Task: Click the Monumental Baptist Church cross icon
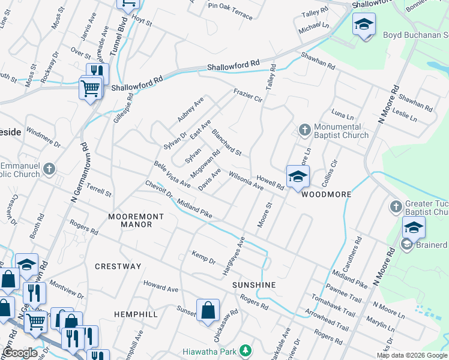(x=304, y=130)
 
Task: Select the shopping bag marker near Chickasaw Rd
(x=208, y=311)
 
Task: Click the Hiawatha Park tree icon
(x=244, y=350)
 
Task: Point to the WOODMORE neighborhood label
(x=326, y=195)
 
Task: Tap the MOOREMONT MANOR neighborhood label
(x=130, y=220)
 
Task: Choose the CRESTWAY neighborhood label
(x=118, y=266)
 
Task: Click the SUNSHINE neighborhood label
(x=254, y=285)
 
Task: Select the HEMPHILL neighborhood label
(x=136, y=314)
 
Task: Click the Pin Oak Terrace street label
(x=231, y=11)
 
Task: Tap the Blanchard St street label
(x=226, y=144)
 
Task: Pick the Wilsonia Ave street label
(x=243, y=182)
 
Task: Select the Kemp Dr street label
(x=203, y=257)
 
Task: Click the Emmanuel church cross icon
(x=49, y=169)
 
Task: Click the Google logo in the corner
(x=20, y=353)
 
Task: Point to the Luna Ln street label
(x=342, y=114)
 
